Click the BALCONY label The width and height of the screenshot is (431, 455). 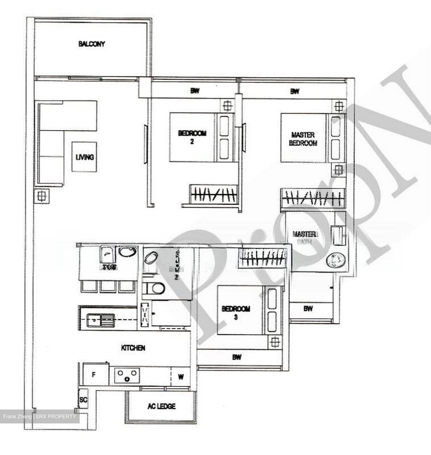coord(92,44)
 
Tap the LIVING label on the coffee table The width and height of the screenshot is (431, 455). coord(84,157)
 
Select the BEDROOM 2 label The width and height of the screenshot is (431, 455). coord(192,137)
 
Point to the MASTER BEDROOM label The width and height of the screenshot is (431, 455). coord(303,139)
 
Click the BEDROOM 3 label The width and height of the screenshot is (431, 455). coord(236,312)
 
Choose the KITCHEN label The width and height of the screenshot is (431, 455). coord(133,348)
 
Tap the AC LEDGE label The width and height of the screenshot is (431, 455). coord(161,406)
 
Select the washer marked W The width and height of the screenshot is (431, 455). coord(181,377)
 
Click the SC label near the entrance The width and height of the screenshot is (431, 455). coord(83,400)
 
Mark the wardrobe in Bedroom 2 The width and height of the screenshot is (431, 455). coord(214,194)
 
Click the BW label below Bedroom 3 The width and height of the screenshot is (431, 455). coord(237,357)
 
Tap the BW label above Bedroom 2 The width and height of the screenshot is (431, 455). coord(195,91)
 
